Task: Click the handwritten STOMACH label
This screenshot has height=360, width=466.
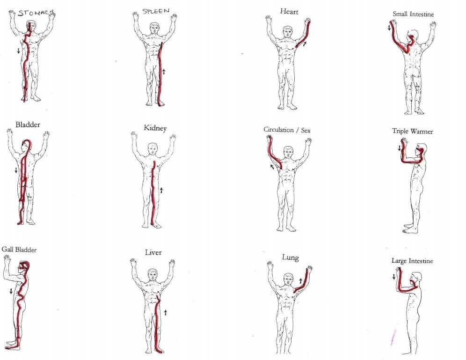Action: click(36, 13)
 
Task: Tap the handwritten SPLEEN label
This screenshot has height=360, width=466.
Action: click(156, 11)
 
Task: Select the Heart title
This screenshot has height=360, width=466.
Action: click(289, 12)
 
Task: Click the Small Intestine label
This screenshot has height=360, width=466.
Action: click(413, 14)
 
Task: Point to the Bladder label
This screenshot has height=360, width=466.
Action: click(28, 125)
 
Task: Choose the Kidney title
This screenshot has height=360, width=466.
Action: click(155, 128)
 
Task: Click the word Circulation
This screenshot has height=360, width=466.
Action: click(278, 130)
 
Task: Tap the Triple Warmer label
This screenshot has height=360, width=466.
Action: click(412, 131)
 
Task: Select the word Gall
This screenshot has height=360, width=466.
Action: click(7, 249)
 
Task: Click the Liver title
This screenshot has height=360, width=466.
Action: click(153, 252)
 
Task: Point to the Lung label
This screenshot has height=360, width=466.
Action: click(290, 257)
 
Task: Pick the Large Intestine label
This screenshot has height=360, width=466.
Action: click(412, 261)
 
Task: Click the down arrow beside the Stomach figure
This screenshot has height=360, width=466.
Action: click(18, 51)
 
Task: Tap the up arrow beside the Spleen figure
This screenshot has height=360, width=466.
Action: click(163, 71)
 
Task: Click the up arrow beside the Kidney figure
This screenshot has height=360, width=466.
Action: click(161, 190)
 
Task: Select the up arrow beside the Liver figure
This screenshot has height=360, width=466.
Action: click(166, 312)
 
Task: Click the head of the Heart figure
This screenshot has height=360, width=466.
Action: click(287, 31)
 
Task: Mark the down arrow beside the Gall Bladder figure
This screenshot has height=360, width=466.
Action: click(11, 291)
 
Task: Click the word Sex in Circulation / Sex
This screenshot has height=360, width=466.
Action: click(306, 130)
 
